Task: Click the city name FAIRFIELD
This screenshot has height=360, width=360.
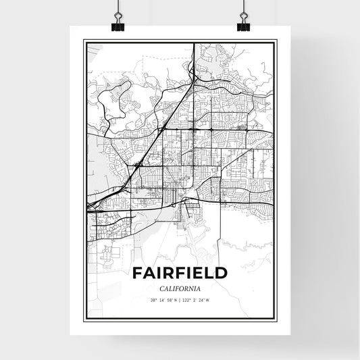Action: [180, 274]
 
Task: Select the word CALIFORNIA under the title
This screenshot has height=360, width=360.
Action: [180, 288]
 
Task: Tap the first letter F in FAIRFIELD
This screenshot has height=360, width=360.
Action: [137, 274]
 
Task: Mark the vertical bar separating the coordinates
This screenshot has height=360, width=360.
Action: [181, 301]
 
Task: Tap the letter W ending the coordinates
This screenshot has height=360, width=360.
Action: [208, 301]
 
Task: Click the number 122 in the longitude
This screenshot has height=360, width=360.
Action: [188, 301]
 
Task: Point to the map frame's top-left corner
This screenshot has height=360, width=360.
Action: [84, 41]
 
